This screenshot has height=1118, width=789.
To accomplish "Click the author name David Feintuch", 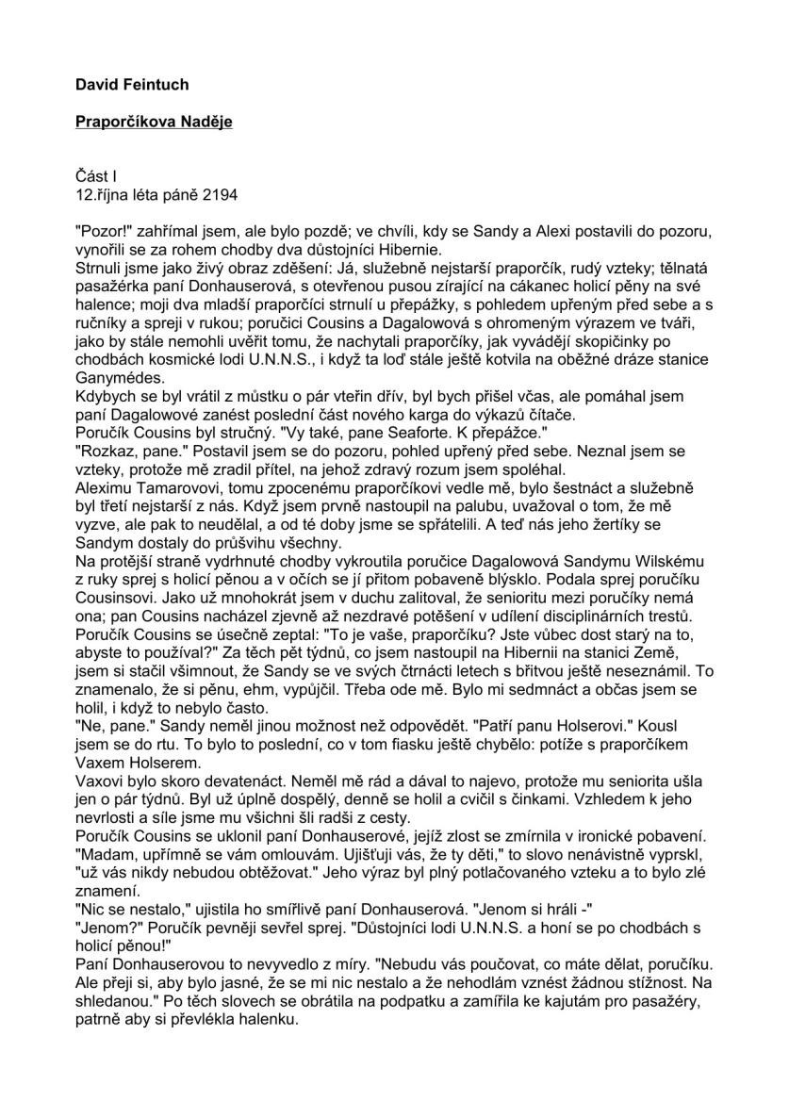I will click(x=132, y=85).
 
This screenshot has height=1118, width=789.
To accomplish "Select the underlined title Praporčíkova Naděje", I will click(x=154, y=122).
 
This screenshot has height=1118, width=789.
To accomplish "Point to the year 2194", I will click(x=219, y=196).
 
